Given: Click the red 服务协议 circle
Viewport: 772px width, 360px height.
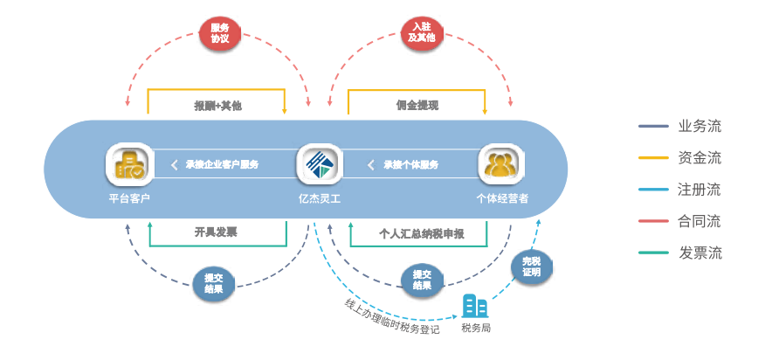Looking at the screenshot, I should (219, 33).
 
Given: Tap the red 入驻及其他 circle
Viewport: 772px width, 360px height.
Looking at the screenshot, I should (420, 33).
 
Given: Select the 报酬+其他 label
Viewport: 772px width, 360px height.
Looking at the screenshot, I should (217, 106).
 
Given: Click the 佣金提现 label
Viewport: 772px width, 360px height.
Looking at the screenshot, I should (417, 106).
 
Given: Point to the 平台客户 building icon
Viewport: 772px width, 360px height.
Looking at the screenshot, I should (129, 165).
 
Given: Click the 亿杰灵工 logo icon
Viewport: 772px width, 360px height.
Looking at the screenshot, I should (320, 165).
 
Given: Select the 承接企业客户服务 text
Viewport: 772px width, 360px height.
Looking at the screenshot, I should (221, 164).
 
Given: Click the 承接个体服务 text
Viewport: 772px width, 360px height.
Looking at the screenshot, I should (410, 164).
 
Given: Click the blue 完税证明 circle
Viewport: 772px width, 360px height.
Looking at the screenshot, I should (531, 267).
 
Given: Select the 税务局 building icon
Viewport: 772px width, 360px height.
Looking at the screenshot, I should (475, 307).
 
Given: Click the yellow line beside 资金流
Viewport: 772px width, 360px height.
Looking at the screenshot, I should (652, 158).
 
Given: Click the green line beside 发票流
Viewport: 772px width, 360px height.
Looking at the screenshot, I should (652, 253).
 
